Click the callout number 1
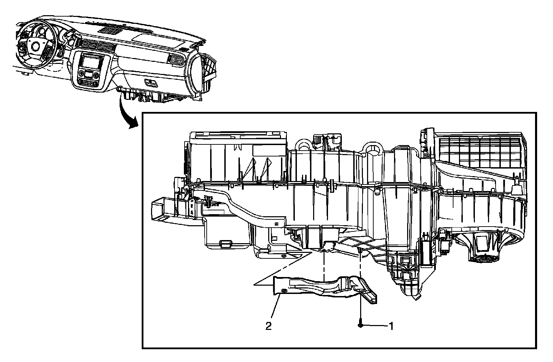[391, 326]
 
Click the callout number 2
[269, 326]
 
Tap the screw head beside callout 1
[360, 325]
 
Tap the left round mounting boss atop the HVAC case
[303, 144]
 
